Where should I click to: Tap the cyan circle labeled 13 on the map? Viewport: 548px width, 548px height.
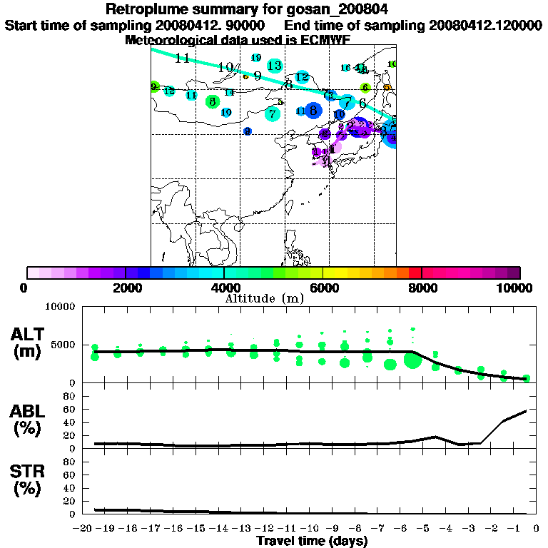(x=275, y=66)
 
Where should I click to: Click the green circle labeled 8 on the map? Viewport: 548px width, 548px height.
(x=212, y=102)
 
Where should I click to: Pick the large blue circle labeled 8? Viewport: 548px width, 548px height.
(x=313, y=110)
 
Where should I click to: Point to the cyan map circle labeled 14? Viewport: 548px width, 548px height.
(x=229, y=92)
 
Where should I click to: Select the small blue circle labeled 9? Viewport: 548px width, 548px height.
(x=247, y=131)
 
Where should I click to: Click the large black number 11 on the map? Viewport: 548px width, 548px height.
(x=183, y=59)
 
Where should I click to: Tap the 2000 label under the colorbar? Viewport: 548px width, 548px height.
(x=126, y=288)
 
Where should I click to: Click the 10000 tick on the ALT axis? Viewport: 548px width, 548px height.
(x=60, y=307)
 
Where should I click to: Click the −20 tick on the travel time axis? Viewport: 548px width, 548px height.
(x=84, y=528)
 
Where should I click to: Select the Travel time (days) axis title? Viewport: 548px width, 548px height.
(x=312, y=542)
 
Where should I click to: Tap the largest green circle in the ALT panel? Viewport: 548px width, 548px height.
(x=412, y=360)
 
